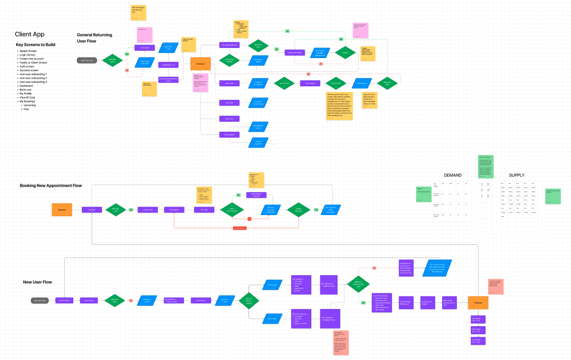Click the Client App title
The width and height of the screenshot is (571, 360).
(x=29, y=34)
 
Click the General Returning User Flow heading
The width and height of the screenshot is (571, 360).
(x=94, y=38)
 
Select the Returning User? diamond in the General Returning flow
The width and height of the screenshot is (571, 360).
(x=112, y=60)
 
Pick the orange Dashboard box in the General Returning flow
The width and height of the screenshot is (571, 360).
(x=200, y=64)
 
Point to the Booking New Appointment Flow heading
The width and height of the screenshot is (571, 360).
(x=51, y=186)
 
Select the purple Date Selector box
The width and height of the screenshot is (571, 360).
(x=174, y=210)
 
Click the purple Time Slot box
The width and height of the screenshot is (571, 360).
(x=204, y=210)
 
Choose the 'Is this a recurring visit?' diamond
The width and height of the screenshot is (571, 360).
(x=231, y=210)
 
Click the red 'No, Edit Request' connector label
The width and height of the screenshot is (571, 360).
(x=240, y=228)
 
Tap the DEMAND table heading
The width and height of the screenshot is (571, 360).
(x=452, y=175)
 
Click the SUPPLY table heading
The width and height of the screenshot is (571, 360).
(x=516, y=175)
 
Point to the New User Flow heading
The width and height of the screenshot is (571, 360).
(x=37, y=282)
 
